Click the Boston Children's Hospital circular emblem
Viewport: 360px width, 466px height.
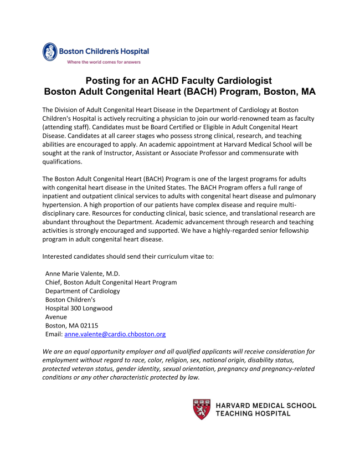click(50, 52)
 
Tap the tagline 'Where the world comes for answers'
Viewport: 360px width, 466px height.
click(104, 62)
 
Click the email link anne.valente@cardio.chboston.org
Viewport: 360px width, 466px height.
click(115, 335)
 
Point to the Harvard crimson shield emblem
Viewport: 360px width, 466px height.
click(202, 409)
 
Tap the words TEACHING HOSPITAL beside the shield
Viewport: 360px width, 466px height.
click(253, 413)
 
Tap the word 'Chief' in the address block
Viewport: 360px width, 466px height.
click(54, 283)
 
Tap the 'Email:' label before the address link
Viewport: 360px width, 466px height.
click(54, 335)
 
